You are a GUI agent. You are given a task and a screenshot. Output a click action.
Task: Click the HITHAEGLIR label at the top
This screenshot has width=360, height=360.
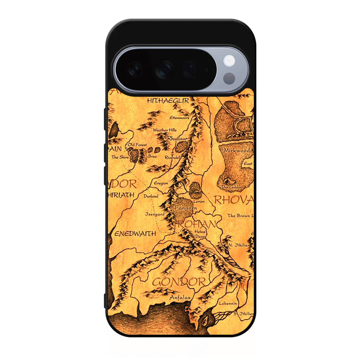point(168,101)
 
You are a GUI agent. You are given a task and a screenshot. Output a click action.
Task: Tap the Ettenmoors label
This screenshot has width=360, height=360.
point(179,118)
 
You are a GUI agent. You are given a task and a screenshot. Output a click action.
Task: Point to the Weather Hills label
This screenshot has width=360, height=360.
point(165,130)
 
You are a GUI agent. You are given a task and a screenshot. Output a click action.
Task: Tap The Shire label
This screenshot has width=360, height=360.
point(120,157)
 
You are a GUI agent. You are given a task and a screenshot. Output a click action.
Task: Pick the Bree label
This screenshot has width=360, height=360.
point(152,156)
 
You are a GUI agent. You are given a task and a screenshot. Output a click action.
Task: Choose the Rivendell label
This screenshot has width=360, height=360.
point(173,157)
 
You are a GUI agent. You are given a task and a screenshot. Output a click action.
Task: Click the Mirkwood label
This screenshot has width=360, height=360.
point(237,150)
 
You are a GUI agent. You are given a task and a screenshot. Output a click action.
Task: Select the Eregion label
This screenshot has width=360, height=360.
point(161,183)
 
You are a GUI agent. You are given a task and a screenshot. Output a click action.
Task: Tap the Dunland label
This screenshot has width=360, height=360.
point(151,196)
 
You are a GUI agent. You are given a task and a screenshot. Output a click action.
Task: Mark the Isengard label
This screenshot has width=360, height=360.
point(155,214)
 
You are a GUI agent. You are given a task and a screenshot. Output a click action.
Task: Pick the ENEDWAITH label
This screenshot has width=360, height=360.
point(135,233)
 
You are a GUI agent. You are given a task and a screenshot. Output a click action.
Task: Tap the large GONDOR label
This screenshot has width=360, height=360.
point(179,282)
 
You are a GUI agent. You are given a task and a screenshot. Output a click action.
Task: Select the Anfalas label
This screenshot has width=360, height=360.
point(180,297)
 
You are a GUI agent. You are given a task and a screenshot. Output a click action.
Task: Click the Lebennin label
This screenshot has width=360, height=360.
point(228,303)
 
